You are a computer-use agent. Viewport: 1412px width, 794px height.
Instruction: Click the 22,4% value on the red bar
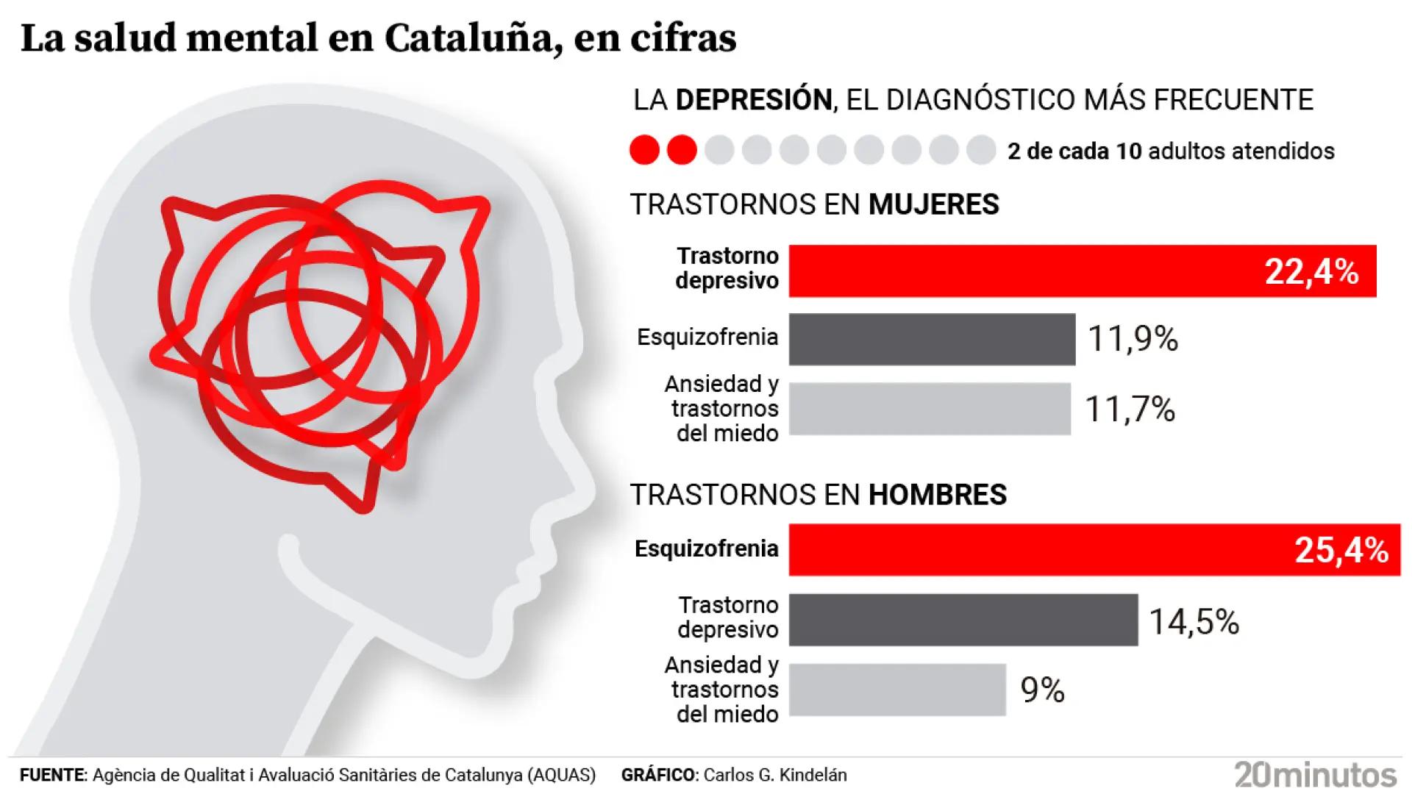1311,272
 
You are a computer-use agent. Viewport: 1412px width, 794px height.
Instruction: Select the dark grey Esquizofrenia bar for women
931,339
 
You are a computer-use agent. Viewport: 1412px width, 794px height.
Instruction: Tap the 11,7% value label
1130,409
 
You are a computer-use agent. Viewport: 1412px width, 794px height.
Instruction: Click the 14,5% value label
1194,622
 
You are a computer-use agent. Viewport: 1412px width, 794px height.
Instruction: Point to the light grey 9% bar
896,690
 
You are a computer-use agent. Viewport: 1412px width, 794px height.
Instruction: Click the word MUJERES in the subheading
933,204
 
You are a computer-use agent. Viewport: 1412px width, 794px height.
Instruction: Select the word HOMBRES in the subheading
937,495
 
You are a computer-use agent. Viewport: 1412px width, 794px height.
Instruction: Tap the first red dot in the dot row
644,150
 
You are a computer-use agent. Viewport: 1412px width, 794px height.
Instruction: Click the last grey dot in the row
980,150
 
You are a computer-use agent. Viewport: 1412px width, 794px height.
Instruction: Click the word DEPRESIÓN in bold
753,100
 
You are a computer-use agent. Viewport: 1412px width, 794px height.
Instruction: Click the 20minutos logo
1315,775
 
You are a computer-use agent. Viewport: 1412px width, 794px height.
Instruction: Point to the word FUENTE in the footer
52,775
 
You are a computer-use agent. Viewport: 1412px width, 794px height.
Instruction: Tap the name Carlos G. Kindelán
775,775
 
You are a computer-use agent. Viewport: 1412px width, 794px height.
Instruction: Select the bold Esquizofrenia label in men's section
706,548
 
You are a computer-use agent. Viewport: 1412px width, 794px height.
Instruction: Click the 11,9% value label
1133,339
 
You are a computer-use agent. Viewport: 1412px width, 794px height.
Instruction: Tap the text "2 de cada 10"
1074,151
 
